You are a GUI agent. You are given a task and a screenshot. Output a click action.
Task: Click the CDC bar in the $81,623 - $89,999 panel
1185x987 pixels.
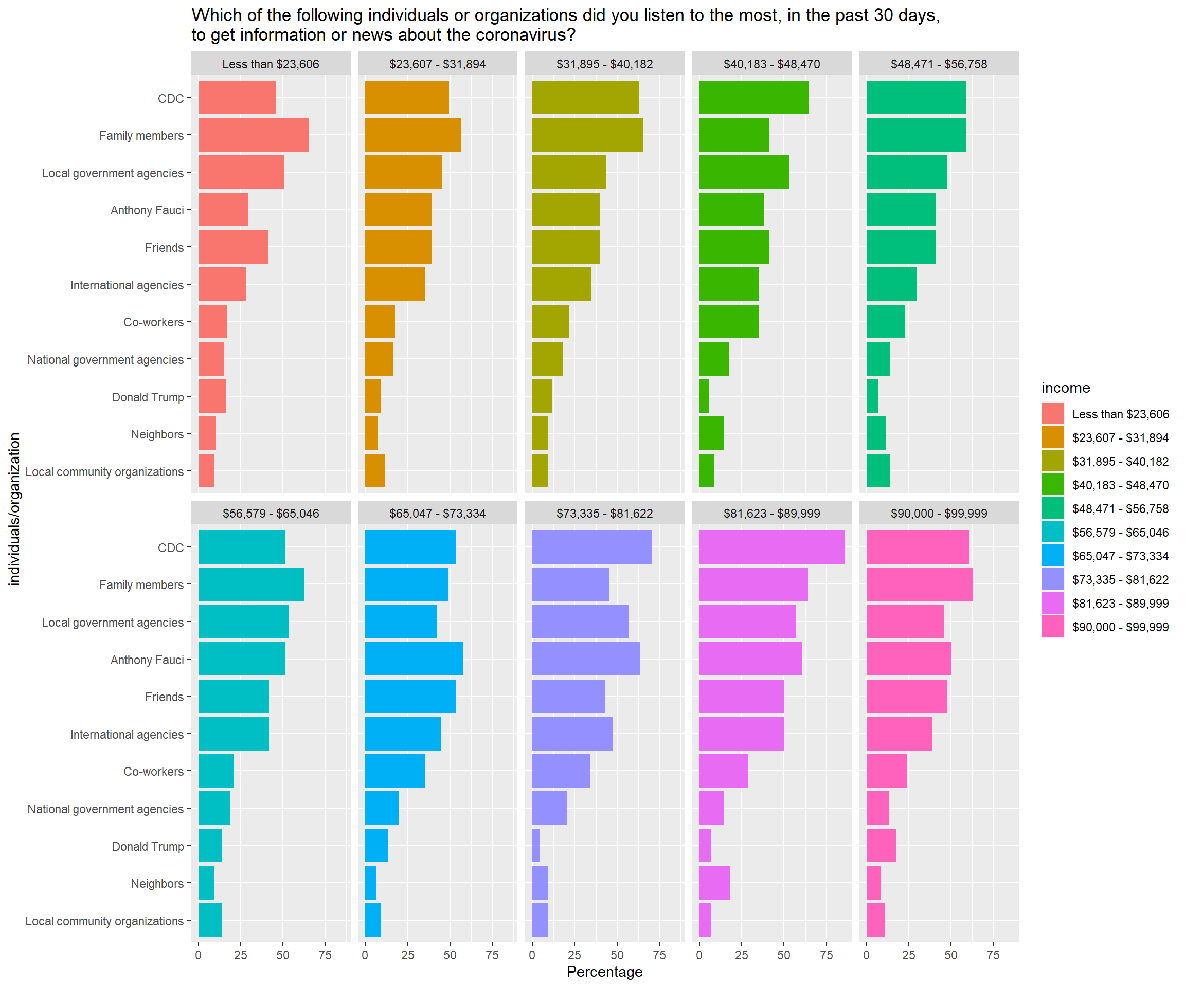771,546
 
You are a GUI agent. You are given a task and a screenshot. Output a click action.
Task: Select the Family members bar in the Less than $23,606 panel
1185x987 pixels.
254,135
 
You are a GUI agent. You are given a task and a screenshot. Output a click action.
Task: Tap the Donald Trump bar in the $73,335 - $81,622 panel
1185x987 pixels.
536,846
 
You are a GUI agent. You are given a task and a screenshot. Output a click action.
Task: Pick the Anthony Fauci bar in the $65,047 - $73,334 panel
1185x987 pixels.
414,659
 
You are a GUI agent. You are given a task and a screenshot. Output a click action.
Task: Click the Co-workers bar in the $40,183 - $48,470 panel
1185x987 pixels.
729,321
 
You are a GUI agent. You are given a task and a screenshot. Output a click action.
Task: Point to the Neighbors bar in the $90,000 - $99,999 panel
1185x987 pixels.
873,883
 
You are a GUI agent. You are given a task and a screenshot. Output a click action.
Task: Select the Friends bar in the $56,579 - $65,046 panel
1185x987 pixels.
234,696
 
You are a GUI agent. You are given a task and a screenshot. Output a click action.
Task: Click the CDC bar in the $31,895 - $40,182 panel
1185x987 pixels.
585,98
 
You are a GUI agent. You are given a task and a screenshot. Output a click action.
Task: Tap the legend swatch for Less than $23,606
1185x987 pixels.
1052,413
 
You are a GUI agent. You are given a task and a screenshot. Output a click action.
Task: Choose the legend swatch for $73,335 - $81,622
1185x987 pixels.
1052,579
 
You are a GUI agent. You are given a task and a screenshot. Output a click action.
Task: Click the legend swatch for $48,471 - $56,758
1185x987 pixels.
1052,508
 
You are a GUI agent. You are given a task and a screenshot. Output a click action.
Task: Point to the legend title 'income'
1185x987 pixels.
1065,388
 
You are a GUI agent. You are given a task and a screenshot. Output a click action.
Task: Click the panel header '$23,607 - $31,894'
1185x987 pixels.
437,64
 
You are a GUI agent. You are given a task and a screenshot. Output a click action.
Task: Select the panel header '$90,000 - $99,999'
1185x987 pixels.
939,513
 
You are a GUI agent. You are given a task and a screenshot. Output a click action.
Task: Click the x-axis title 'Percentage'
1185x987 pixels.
604,971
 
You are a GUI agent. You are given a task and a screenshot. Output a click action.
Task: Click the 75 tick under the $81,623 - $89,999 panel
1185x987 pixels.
826,955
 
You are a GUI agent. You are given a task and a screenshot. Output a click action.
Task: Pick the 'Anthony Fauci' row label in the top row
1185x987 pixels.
147,210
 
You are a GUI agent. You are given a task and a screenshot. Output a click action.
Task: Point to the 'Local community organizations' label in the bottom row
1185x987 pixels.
104,921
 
